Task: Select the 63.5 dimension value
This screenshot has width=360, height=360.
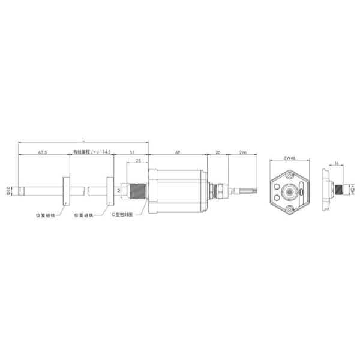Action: tap(43, 154)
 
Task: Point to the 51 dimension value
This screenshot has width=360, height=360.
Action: tap(131, 154)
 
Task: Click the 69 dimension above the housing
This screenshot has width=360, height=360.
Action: tap(178, 154)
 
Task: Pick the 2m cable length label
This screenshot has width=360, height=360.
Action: tap(242, 154)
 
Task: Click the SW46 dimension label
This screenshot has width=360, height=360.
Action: tap(289, 159)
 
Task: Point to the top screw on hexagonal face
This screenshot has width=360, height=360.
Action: tap(290, 175)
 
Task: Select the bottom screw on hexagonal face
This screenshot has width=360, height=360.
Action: tap(290, 209)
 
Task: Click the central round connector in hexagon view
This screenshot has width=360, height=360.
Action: tap(290, 193)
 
